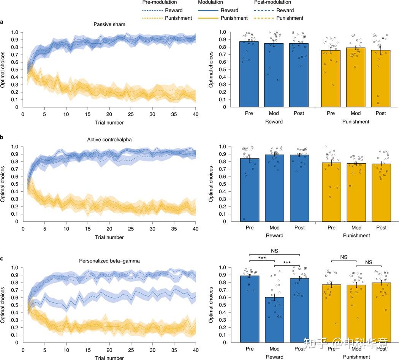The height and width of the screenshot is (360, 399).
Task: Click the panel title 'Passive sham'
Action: click(109, 24)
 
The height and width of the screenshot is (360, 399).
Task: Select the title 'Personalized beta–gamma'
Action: click(109, 261)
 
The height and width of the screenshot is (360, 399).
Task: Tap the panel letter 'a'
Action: click(2, 22)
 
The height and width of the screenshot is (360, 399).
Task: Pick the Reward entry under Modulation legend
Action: click(229, 10)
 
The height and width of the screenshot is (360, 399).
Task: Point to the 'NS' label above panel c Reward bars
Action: click(274, 251)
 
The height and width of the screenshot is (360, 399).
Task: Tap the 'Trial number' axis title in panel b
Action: click(109, 237)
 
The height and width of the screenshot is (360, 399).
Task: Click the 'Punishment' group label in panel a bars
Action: click(356, 122)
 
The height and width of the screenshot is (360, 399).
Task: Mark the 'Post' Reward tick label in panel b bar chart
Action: click(299, 228)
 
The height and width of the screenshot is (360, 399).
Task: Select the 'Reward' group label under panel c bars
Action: click(274, 357)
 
